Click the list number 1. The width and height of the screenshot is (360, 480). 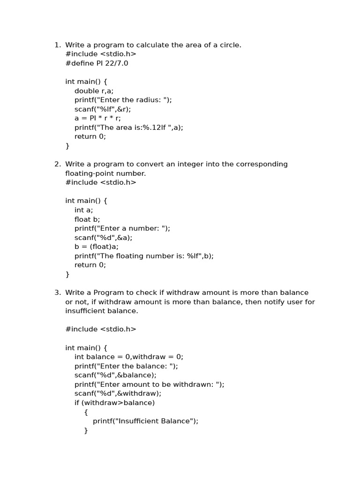57,45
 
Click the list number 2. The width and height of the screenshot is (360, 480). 57,164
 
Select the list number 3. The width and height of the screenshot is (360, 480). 57,292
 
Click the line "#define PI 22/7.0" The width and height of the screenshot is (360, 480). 97,63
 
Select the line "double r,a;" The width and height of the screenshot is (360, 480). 94,91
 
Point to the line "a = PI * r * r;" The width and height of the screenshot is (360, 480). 97,118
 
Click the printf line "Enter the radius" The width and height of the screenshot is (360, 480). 123,100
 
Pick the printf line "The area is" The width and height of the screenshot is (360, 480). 129,127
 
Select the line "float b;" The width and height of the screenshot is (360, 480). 87,219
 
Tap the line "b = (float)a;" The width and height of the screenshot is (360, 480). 97,247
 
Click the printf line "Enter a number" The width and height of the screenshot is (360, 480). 122,228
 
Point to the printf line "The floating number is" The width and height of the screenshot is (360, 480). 144,256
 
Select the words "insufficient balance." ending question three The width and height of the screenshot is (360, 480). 102,311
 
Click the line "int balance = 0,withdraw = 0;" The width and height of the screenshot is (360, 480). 129,357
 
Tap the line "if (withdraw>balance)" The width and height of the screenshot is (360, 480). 114,403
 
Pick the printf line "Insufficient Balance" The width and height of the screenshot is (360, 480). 145,421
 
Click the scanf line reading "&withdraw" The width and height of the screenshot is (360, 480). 118,393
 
